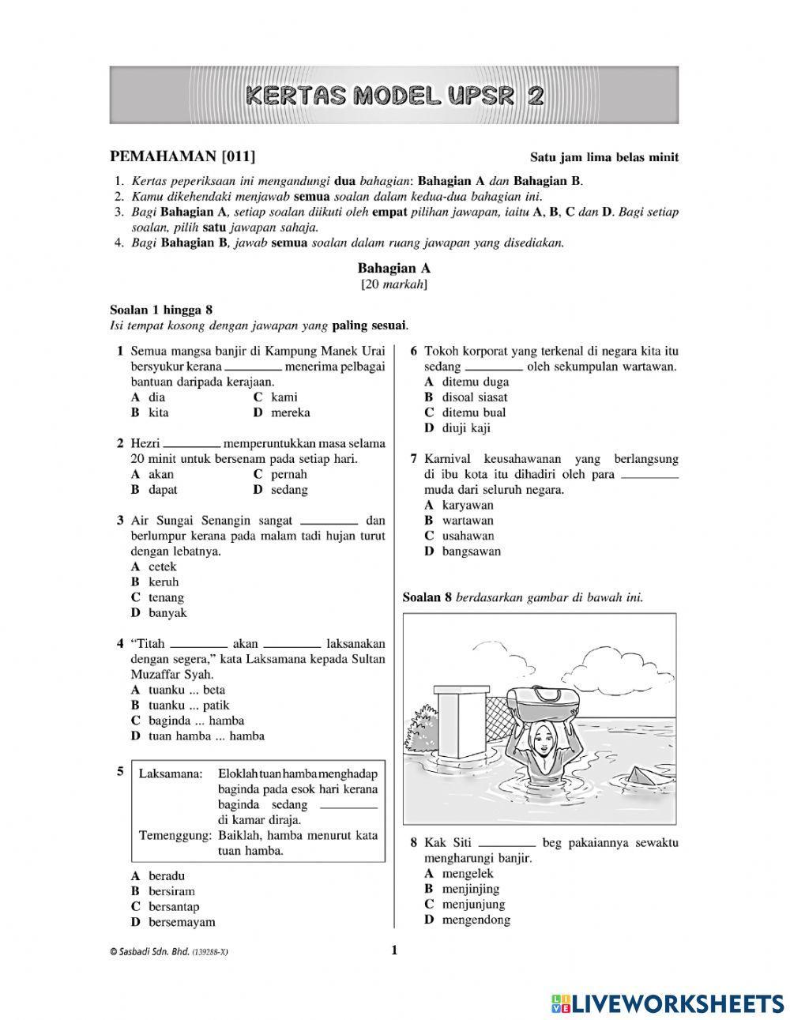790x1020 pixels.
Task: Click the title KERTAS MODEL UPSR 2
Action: pos(394,96)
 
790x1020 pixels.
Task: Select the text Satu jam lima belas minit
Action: pos(604,157)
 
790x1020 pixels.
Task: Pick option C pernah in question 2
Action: pos(280,474)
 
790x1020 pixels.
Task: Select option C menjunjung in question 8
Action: pos(465,904)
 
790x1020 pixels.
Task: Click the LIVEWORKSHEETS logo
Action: pos(663,1003)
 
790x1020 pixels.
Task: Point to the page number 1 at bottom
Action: pos(394,950)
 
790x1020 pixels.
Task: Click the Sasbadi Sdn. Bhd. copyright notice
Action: pos(169,952)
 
